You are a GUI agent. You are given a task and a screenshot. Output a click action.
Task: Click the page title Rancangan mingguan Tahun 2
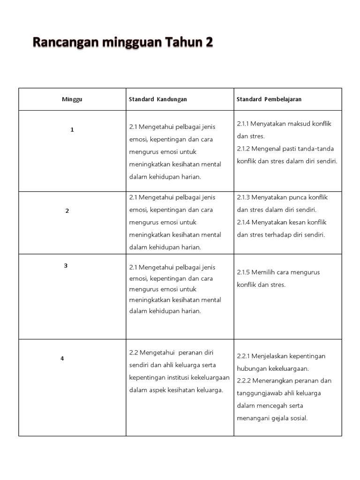pyautogui.click(x=122, y=43)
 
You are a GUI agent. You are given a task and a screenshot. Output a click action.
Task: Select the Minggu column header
pyautogui.click(x=72, y=99)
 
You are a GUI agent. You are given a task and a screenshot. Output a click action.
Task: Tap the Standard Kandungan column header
pyautogui.click(x=158, y=99)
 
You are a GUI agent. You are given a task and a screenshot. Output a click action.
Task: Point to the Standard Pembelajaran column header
pyautogui.click(x=269, y=99)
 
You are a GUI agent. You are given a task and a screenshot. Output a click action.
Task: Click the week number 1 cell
pyautogui.click(x=72, y=130)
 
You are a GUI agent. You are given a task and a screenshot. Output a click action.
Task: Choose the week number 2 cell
pyautogui.click(x=67, y=211)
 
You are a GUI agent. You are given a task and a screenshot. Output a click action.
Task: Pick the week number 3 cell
pyautogui.click(x=66, y=266)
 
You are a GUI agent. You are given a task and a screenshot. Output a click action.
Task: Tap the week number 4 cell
pyautogui.click(x=62, y=359)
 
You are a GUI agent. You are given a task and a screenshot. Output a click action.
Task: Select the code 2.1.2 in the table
pyautogui.click(x=243, y=149)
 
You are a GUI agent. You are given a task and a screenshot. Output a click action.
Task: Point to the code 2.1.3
pyautogui.click(x=243, y=197)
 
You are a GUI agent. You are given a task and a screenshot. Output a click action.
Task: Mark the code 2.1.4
pyautogui.click(x=243, y=222)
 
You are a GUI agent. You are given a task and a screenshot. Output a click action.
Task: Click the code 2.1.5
pyautogui.click(x=243, y=272)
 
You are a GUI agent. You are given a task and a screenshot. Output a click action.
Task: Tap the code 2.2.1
pyautogui.click(x=244, y=356)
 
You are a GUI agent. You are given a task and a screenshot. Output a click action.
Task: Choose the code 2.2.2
pyautogui.click(x=244, y=381)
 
